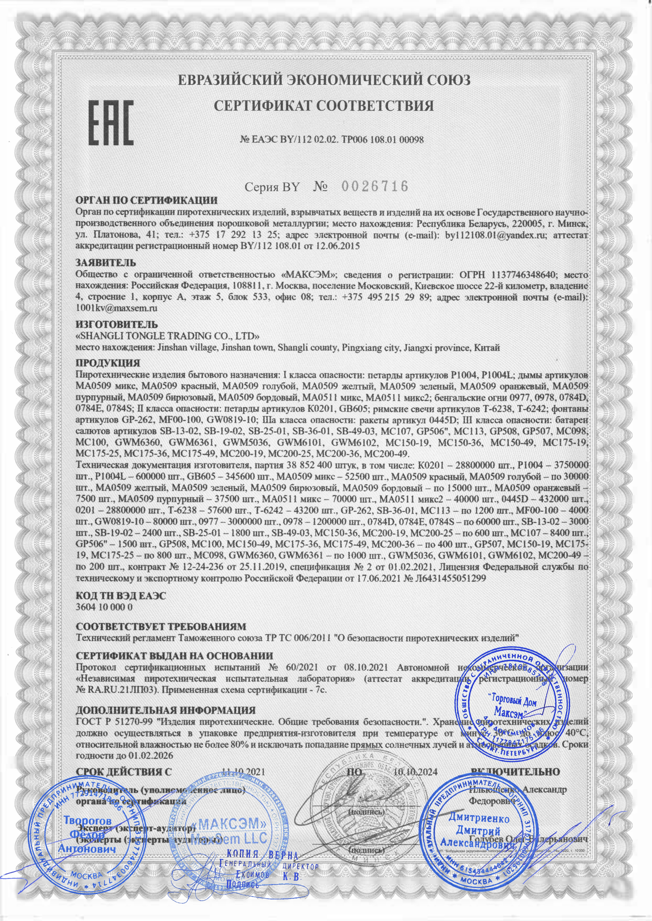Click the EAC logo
111,123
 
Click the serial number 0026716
375,186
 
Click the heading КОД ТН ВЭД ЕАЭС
121,595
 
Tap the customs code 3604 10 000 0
104,607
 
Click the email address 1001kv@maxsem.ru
116,308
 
